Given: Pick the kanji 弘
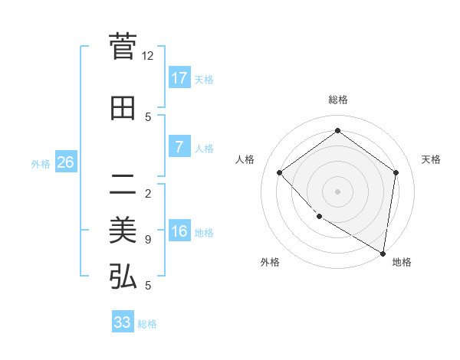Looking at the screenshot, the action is click(123, 277).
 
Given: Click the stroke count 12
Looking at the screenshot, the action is click(148, 56).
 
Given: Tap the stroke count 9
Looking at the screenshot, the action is click(148, 240).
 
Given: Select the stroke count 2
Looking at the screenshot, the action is click(148, 193).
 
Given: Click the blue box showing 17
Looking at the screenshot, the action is click(179, 77).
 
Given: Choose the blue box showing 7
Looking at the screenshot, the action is click(179, 146).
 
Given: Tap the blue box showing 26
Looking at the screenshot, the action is click(65, 162).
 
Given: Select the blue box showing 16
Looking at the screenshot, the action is click(179, 231).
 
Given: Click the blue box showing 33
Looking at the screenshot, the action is click(123, 322).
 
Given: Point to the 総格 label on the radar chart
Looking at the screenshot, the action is click(337, 100).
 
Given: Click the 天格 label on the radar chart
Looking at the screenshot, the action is click(431, 159).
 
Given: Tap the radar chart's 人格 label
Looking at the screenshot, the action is click(245, 159).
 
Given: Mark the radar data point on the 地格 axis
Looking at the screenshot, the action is click(383, 252).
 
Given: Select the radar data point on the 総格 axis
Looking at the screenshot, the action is click(337, 131).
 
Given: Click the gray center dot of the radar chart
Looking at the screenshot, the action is click(337, 191).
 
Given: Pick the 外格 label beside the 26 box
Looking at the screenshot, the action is click(41, 163).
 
